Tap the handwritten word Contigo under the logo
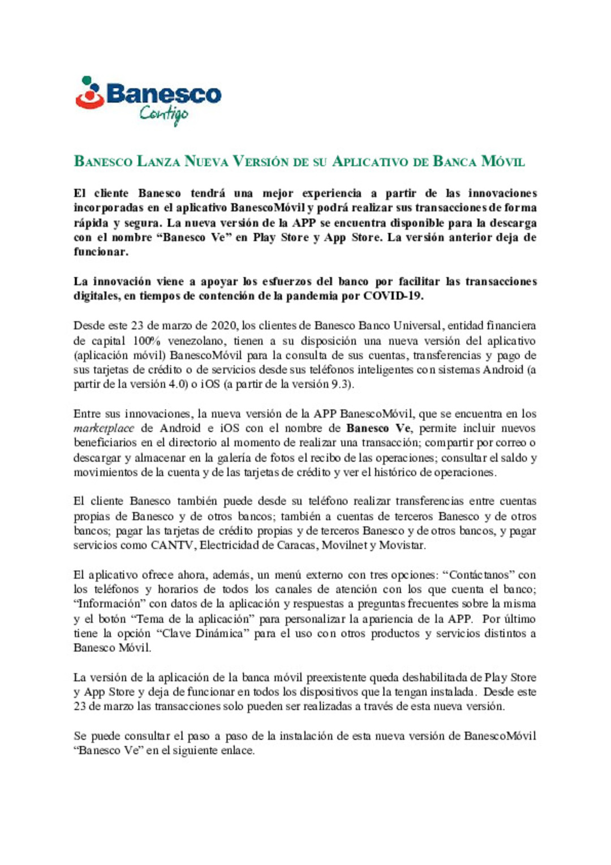tap(164, 114)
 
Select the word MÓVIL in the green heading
tap(502, 162)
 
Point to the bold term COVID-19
tap(393, 296)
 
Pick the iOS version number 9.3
tap(339, 384)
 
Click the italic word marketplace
tap(104, 429)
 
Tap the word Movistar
tap(401, 546)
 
